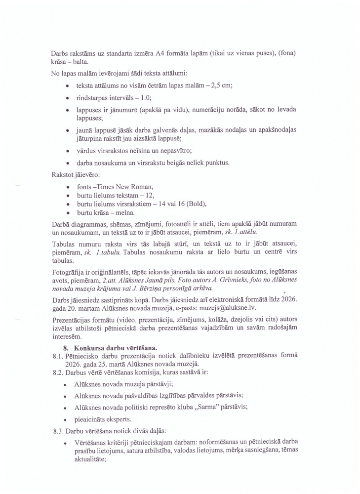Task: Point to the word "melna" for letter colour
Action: (118, 212)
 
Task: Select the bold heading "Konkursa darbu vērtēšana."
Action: (112, 348)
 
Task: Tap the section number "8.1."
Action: (58, 356)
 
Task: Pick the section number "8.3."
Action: (58, 431)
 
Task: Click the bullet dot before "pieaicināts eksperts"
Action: (67, 418)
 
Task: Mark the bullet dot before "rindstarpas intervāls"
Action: (67, 98)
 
